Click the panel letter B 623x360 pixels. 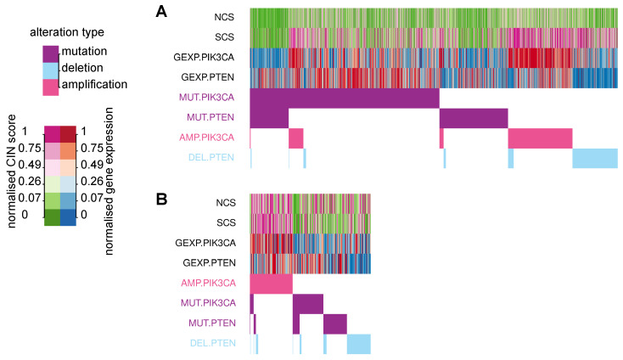pyautogui.click(x=160, y=200)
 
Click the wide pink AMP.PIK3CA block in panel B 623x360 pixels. pyautogui.click(x=271, y=283)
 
